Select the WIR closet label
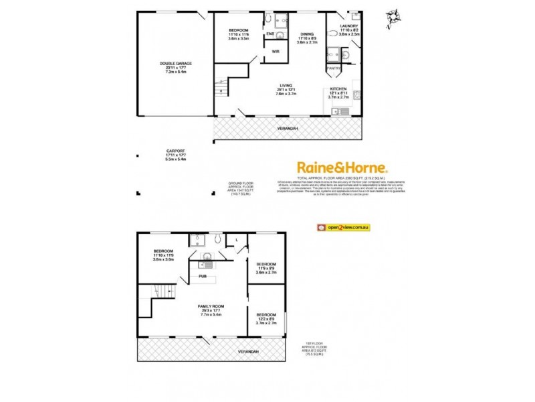[x=275, y=51]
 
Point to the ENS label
[x=270, y=33]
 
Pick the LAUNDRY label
[x=349, y=27]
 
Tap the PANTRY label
[x=334, y=68]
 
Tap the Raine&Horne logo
[x=342, y=167]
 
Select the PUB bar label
[x=202, y=275]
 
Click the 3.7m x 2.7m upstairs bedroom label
[x=266, y=318]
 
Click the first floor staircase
[x=165, y=291]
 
